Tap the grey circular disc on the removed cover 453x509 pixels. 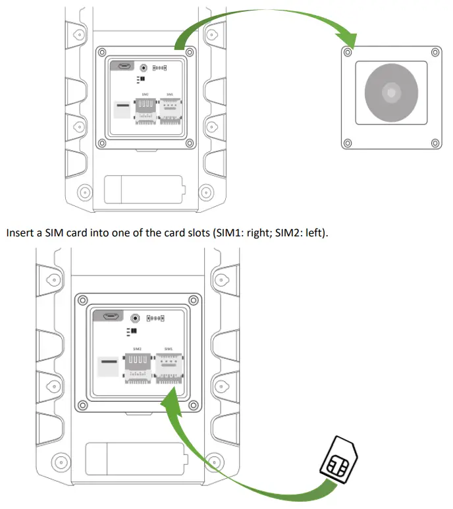[x=391, y=93]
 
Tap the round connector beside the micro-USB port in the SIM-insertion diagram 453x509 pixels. [x=136, y=317]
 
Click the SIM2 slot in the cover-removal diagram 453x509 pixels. [x=145, y=110]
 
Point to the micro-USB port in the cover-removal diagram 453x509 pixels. [x=122, y=67]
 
